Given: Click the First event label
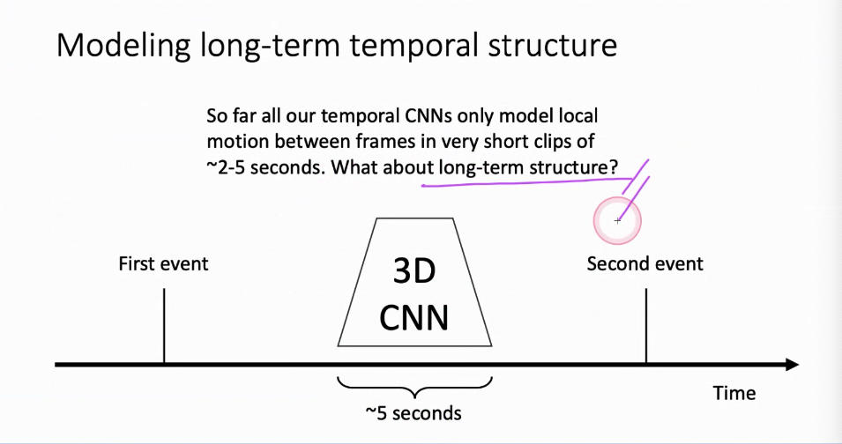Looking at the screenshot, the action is (163, 263).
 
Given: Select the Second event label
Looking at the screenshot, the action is (645, 263).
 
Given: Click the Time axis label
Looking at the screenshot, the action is (734, 393).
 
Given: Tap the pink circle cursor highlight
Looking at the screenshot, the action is (617, 220).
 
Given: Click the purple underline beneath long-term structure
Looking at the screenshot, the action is (520, 185).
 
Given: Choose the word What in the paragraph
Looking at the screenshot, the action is (358, 166).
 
